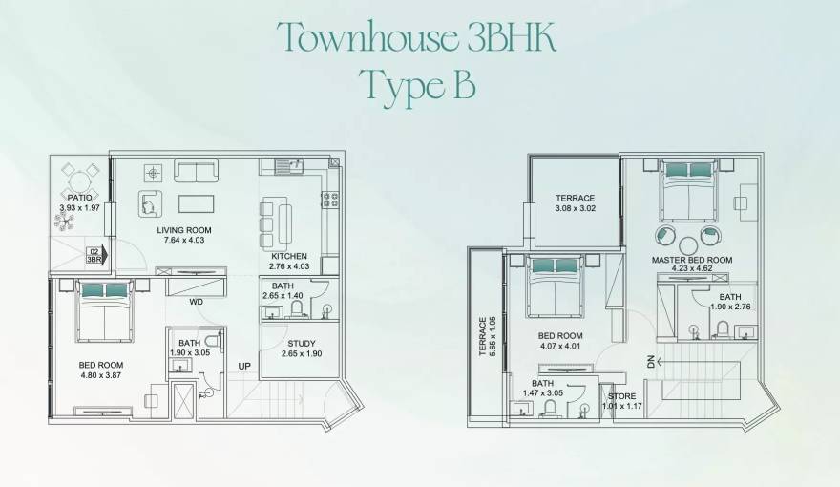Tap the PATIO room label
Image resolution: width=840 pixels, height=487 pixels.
[x=80, y=197]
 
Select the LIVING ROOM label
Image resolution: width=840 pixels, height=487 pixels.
[x=184, y=230]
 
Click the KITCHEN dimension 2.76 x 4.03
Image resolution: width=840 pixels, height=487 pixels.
[x=289, y=266]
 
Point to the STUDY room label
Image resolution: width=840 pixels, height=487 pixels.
[x=302, y=344]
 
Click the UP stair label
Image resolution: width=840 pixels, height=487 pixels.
[x=244, y=366]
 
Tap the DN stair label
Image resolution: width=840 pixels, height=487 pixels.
[x=651, y=362]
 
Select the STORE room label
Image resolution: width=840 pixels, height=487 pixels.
[x=622, y=396]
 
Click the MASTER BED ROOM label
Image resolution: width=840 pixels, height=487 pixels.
[x=692, y=260]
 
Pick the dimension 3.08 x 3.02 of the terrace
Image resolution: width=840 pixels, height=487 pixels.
[x=576, y=208]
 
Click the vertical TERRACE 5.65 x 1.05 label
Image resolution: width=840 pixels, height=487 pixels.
[x=488, y=336]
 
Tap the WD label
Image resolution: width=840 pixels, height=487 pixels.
[x=196, y=302]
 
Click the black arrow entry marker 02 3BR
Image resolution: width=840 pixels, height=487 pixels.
[x=96, y=256]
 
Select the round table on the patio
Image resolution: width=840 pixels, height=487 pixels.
[x=79, y=180]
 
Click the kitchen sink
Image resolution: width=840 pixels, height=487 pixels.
[x=289, y=165]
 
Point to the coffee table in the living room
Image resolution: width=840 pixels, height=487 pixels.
[x=196, y=204]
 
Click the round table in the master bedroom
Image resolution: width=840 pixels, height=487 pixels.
[x=689, y=246]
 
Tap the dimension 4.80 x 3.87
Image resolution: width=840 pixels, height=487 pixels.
[x=101, y=375]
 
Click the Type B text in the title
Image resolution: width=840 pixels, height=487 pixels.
[x=417, y=87]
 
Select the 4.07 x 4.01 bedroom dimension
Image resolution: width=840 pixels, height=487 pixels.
[x=560, y=346]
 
